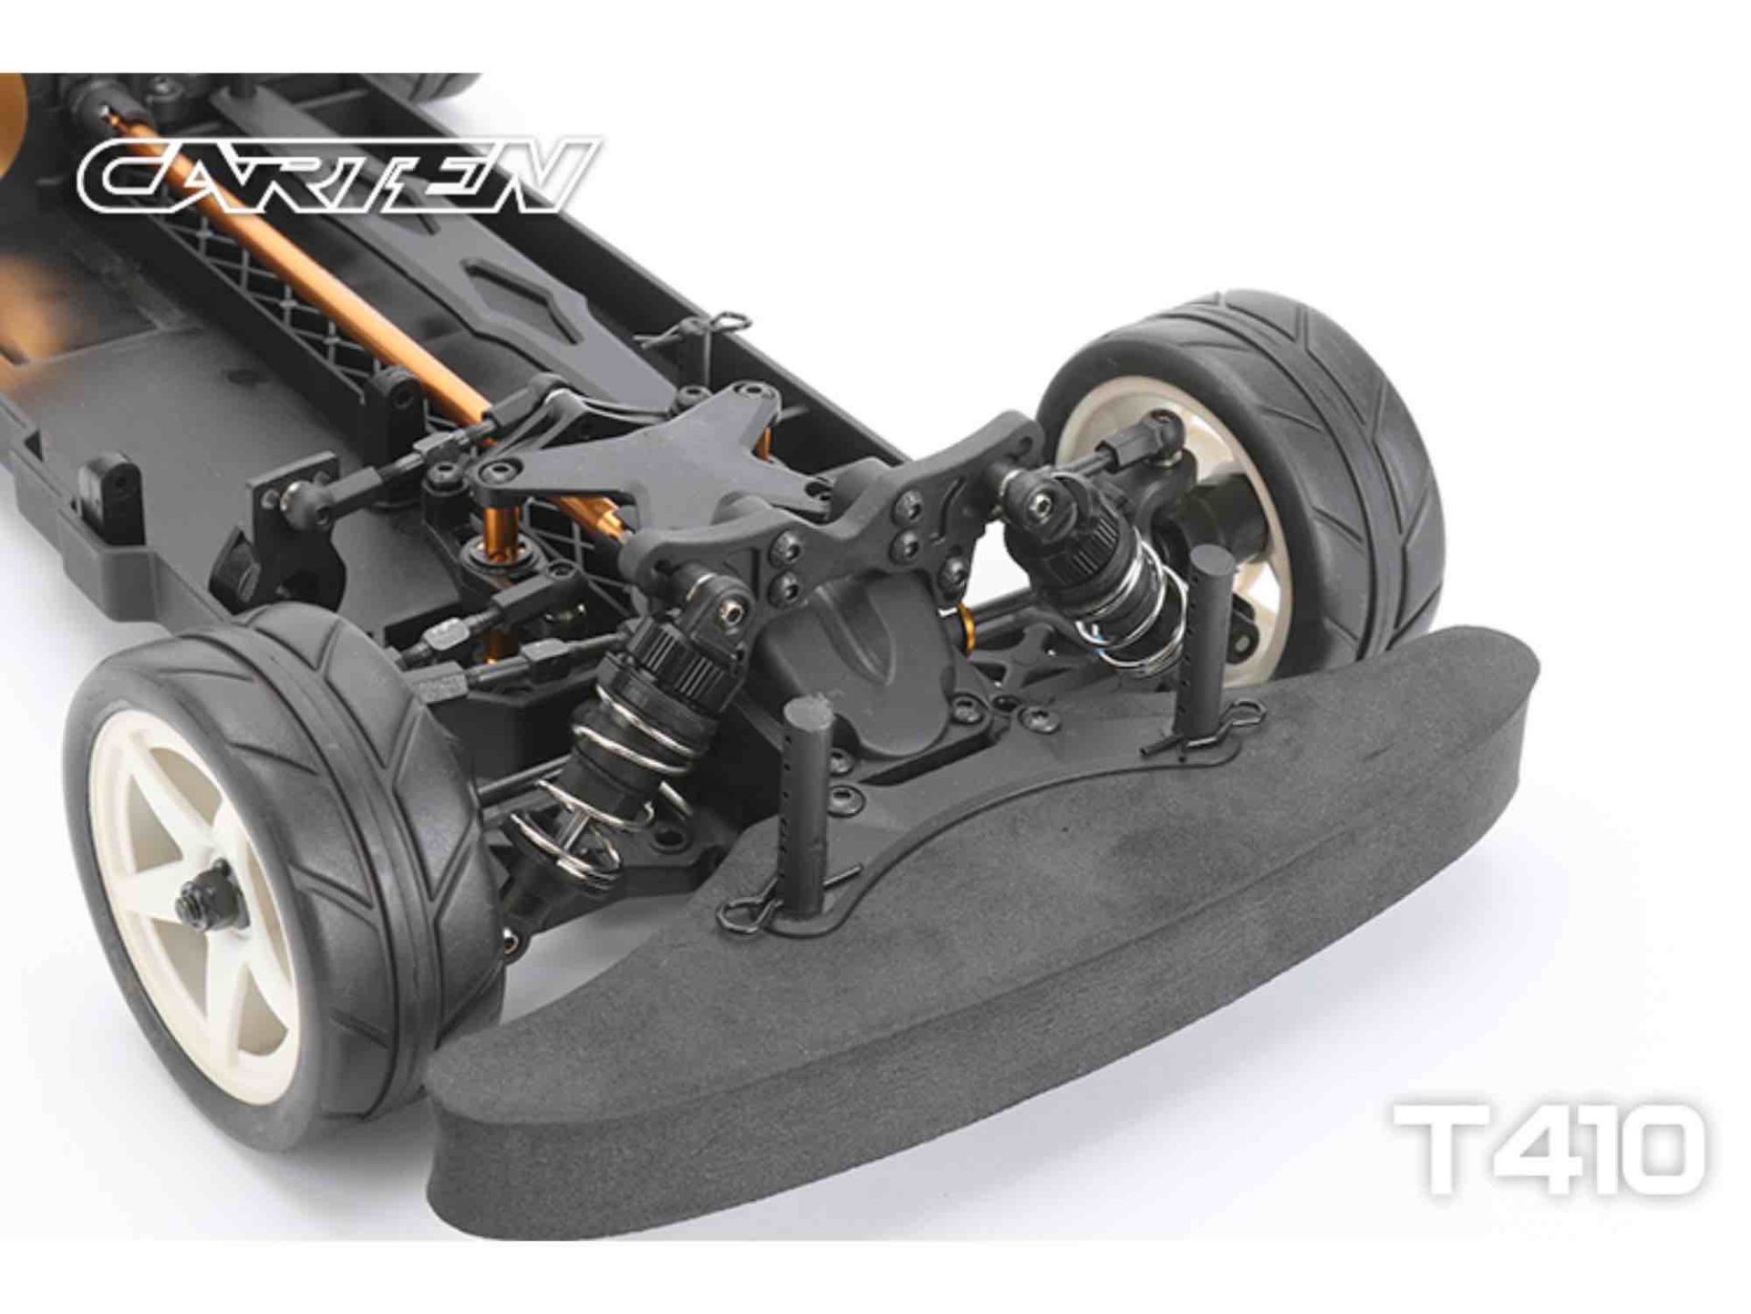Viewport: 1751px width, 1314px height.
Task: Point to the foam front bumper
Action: pos(985,922)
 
